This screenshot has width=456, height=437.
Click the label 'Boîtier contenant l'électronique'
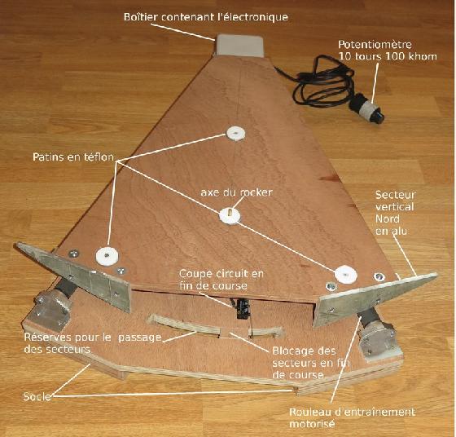206,17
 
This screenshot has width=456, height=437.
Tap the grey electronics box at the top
239,45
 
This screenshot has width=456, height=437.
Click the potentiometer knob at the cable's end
369,109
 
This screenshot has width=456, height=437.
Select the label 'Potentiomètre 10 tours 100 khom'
388,51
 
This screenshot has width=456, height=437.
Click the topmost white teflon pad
235,134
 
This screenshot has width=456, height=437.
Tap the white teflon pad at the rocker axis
230,216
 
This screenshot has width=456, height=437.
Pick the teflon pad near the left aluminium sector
107,256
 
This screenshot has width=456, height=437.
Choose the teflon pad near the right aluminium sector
345,274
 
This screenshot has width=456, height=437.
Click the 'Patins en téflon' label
73,157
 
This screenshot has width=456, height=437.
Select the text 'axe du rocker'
236,192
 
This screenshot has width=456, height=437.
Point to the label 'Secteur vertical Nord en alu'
395,213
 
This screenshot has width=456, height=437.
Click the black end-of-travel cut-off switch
243,308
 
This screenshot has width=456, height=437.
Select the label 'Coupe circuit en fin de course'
221,280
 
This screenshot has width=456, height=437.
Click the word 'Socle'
37,396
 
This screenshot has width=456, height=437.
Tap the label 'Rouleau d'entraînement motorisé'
352,417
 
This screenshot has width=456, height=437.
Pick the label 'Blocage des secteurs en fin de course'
311,363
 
